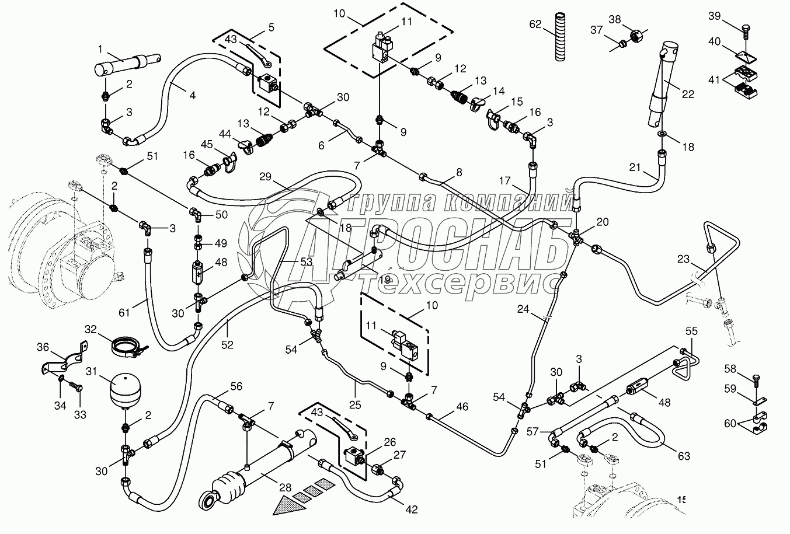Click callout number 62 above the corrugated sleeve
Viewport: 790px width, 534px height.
pyautogui.click(x=535, y=24)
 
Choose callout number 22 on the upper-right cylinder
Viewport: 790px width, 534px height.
pyautogui.click(x=688, y=94)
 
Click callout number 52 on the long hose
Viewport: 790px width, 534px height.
pyautogui.click(x=227, y=345)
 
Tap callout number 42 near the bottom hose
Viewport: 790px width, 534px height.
pyautogui.click(x=412, y=509)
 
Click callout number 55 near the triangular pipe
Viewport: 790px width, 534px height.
pyautogui.click(x=691, y=331)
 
